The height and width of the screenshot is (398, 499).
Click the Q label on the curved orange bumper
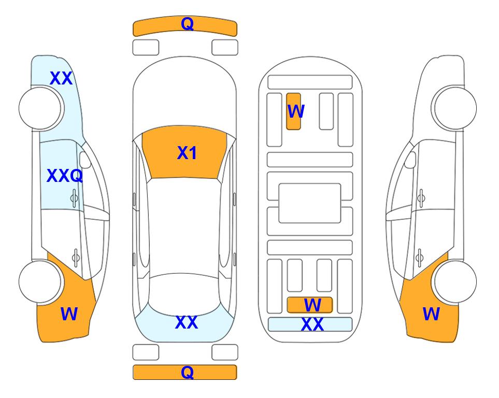[x=187, y=24]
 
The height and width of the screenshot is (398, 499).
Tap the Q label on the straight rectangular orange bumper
[x=187, y=372]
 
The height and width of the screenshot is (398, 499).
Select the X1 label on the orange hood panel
[x=187, y=153]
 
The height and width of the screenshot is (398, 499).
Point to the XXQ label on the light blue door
[x=65, y=176]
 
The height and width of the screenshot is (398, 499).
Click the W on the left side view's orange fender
[x=69, y=314]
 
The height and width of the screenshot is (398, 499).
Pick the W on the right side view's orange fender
[x=431, y=314]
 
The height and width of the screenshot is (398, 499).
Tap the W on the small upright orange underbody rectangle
[x=296, y=111]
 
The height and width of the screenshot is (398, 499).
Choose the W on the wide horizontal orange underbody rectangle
[x=312, y=305]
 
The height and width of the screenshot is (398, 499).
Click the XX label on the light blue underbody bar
[x=312, y=324]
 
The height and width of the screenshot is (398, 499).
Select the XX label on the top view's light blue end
[x=187, y=322]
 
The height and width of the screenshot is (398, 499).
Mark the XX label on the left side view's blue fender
[x=61, y=78]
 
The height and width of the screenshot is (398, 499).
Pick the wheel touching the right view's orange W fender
[x=455, y=281]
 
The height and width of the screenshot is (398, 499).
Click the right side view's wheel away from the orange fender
[x=455, y=108]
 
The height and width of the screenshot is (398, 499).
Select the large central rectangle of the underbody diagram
[x=310, y=203]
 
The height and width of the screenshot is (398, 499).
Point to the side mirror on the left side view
[x=85, y=160]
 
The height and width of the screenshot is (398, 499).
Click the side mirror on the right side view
[x=410, y=160]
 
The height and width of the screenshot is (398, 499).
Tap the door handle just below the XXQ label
[x=74, y=198]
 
